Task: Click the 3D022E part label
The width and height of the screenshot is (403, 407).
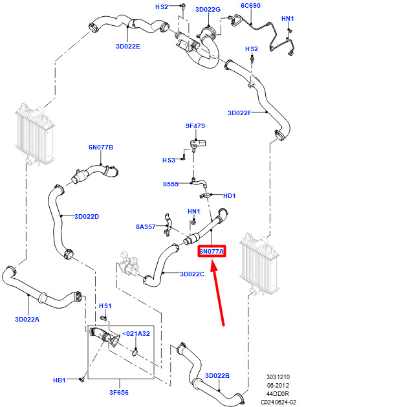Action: (128, 47)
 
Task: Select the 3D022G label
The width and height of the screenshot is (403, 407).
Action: (208, 10)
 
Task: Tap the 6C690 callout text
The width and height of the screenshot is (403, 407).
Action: (251, 6)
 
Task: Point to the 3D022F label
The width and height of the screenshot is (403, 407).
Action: (239, 113)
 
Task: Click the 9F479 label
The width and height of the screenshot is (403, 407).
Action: (195, 126)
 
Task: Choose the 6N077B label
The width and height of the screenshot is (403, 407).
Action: (101, 147)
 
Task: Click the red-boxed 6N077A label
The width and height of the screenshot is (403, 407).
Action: (212, 251)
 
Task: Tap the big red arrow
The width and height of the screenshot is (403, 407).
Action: (218, 293)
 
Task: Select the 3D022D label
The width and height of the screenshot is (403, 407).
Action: (87, 217)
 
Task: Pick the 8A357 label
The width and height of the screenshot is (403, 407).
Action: (146, 227)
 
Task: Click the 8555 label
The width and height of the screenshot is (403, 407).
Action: (171, 184)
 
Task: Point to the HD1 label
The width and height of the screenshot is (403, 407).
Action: (230, 195)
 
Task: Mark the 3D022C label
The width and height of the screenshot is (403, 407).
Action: (192, 274)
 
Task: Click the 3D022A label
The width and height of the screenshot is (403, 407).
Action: (27, 319)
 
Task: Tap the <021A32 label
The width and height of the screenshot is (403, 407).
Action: (136, 333)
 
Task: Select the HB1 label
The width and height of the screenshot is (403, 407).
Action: (60, 380)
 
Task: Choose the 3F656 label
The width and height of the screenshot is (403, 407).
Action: (119, 393)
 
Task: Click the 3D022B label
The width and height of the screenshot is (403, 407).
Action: (217, 375)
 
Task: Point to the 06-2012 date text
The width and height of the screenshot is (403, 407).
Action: (278, 386)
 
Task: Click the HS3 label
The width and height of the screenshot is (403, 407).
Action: (169, 160)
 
